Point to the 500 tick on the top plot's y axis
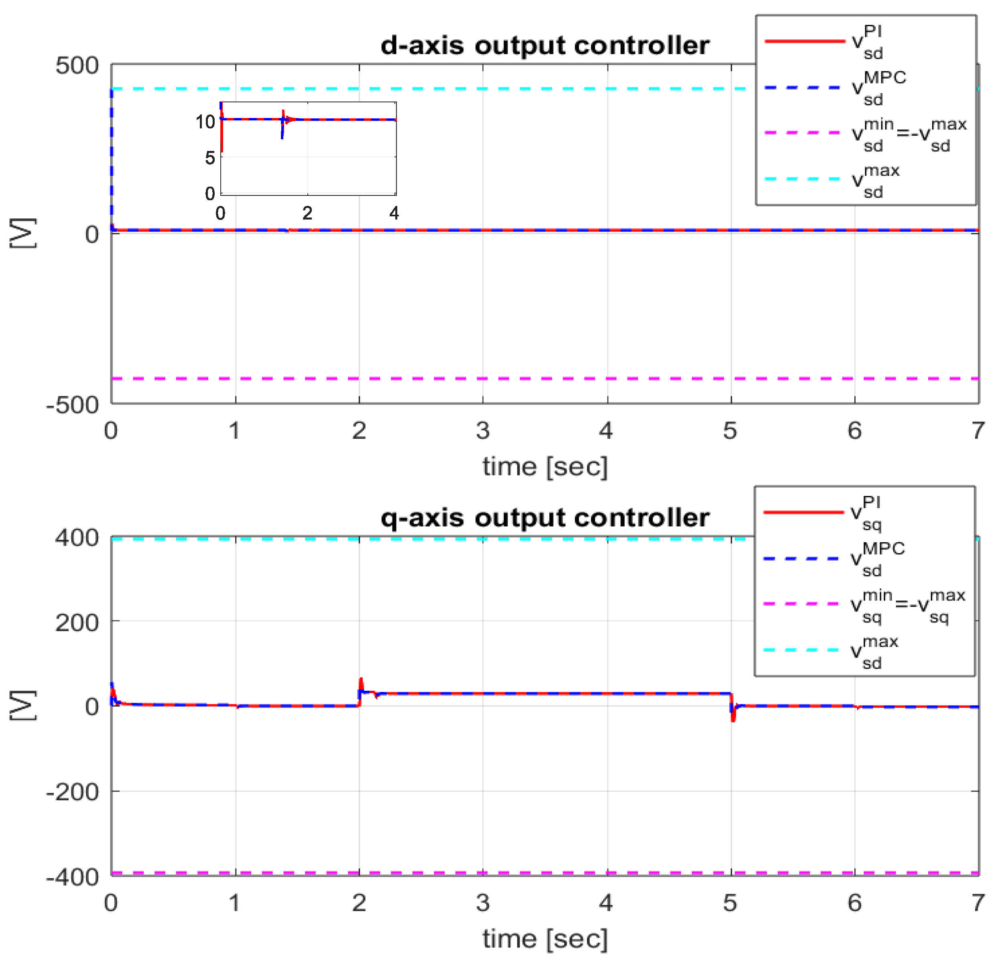77,66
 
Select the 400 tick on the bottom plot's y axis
77,538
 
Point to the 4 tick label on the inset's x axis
394,214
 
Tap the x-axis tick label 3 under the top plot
483,431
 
